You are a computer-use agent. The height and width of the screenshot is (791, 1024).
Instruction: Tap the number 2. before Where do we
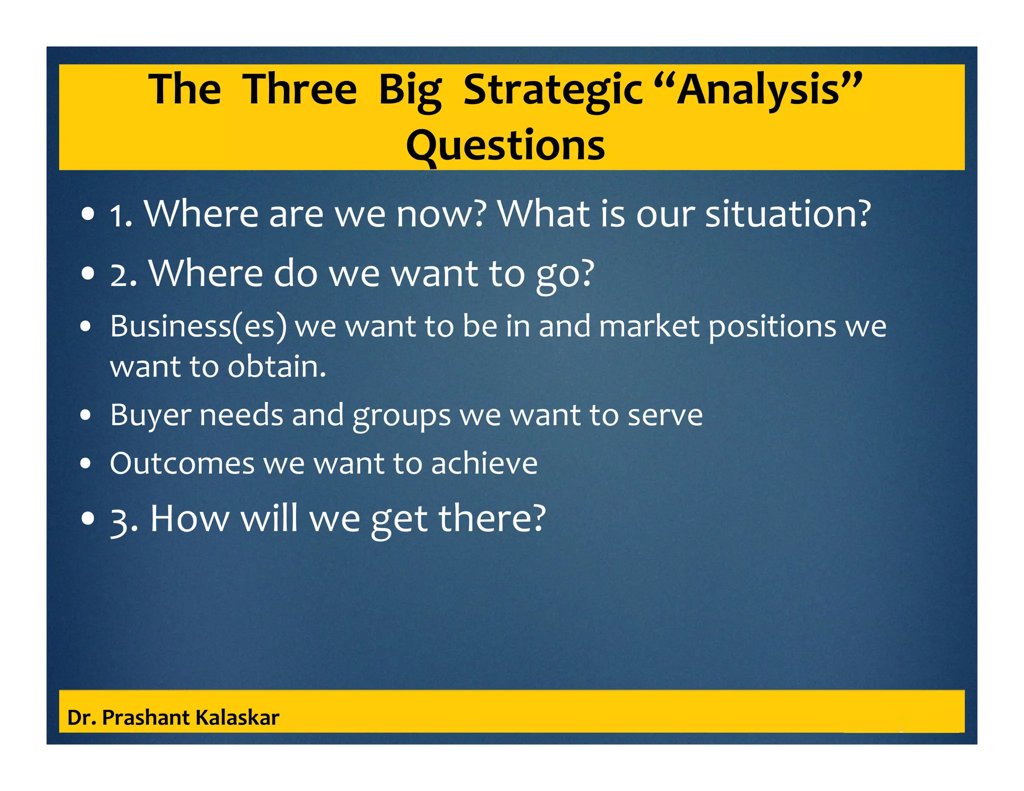[x=123, y=275]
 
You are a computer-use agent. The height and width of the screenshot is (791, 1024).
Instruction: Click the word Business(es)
[x=198, y=326]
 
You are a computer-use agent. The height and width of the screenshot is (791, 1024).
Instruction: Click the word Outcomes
[x=182, y=463]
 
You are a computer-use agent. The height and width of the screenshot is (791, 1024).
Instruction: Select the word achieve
[x=484, y=463]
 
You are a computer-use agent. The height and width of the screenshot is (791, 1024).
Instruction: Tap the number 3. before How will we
[x=123, y=520]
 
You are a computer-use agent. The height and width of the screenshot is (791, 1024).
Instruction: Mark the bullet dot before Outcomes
[x=86, y=463]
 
